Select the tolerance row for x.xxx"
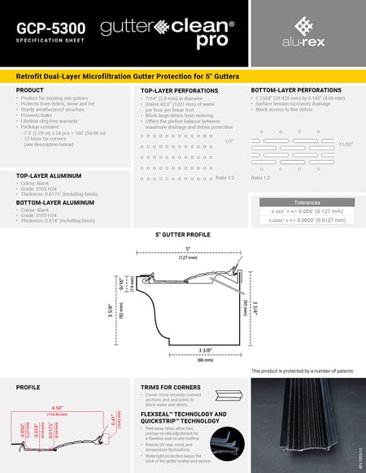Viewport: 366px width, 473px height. point(303,210)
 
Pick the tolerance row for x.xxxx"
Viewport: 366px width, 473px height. point(303,219)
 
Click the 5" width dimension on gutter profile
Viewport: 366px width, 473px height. point(188,249)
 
